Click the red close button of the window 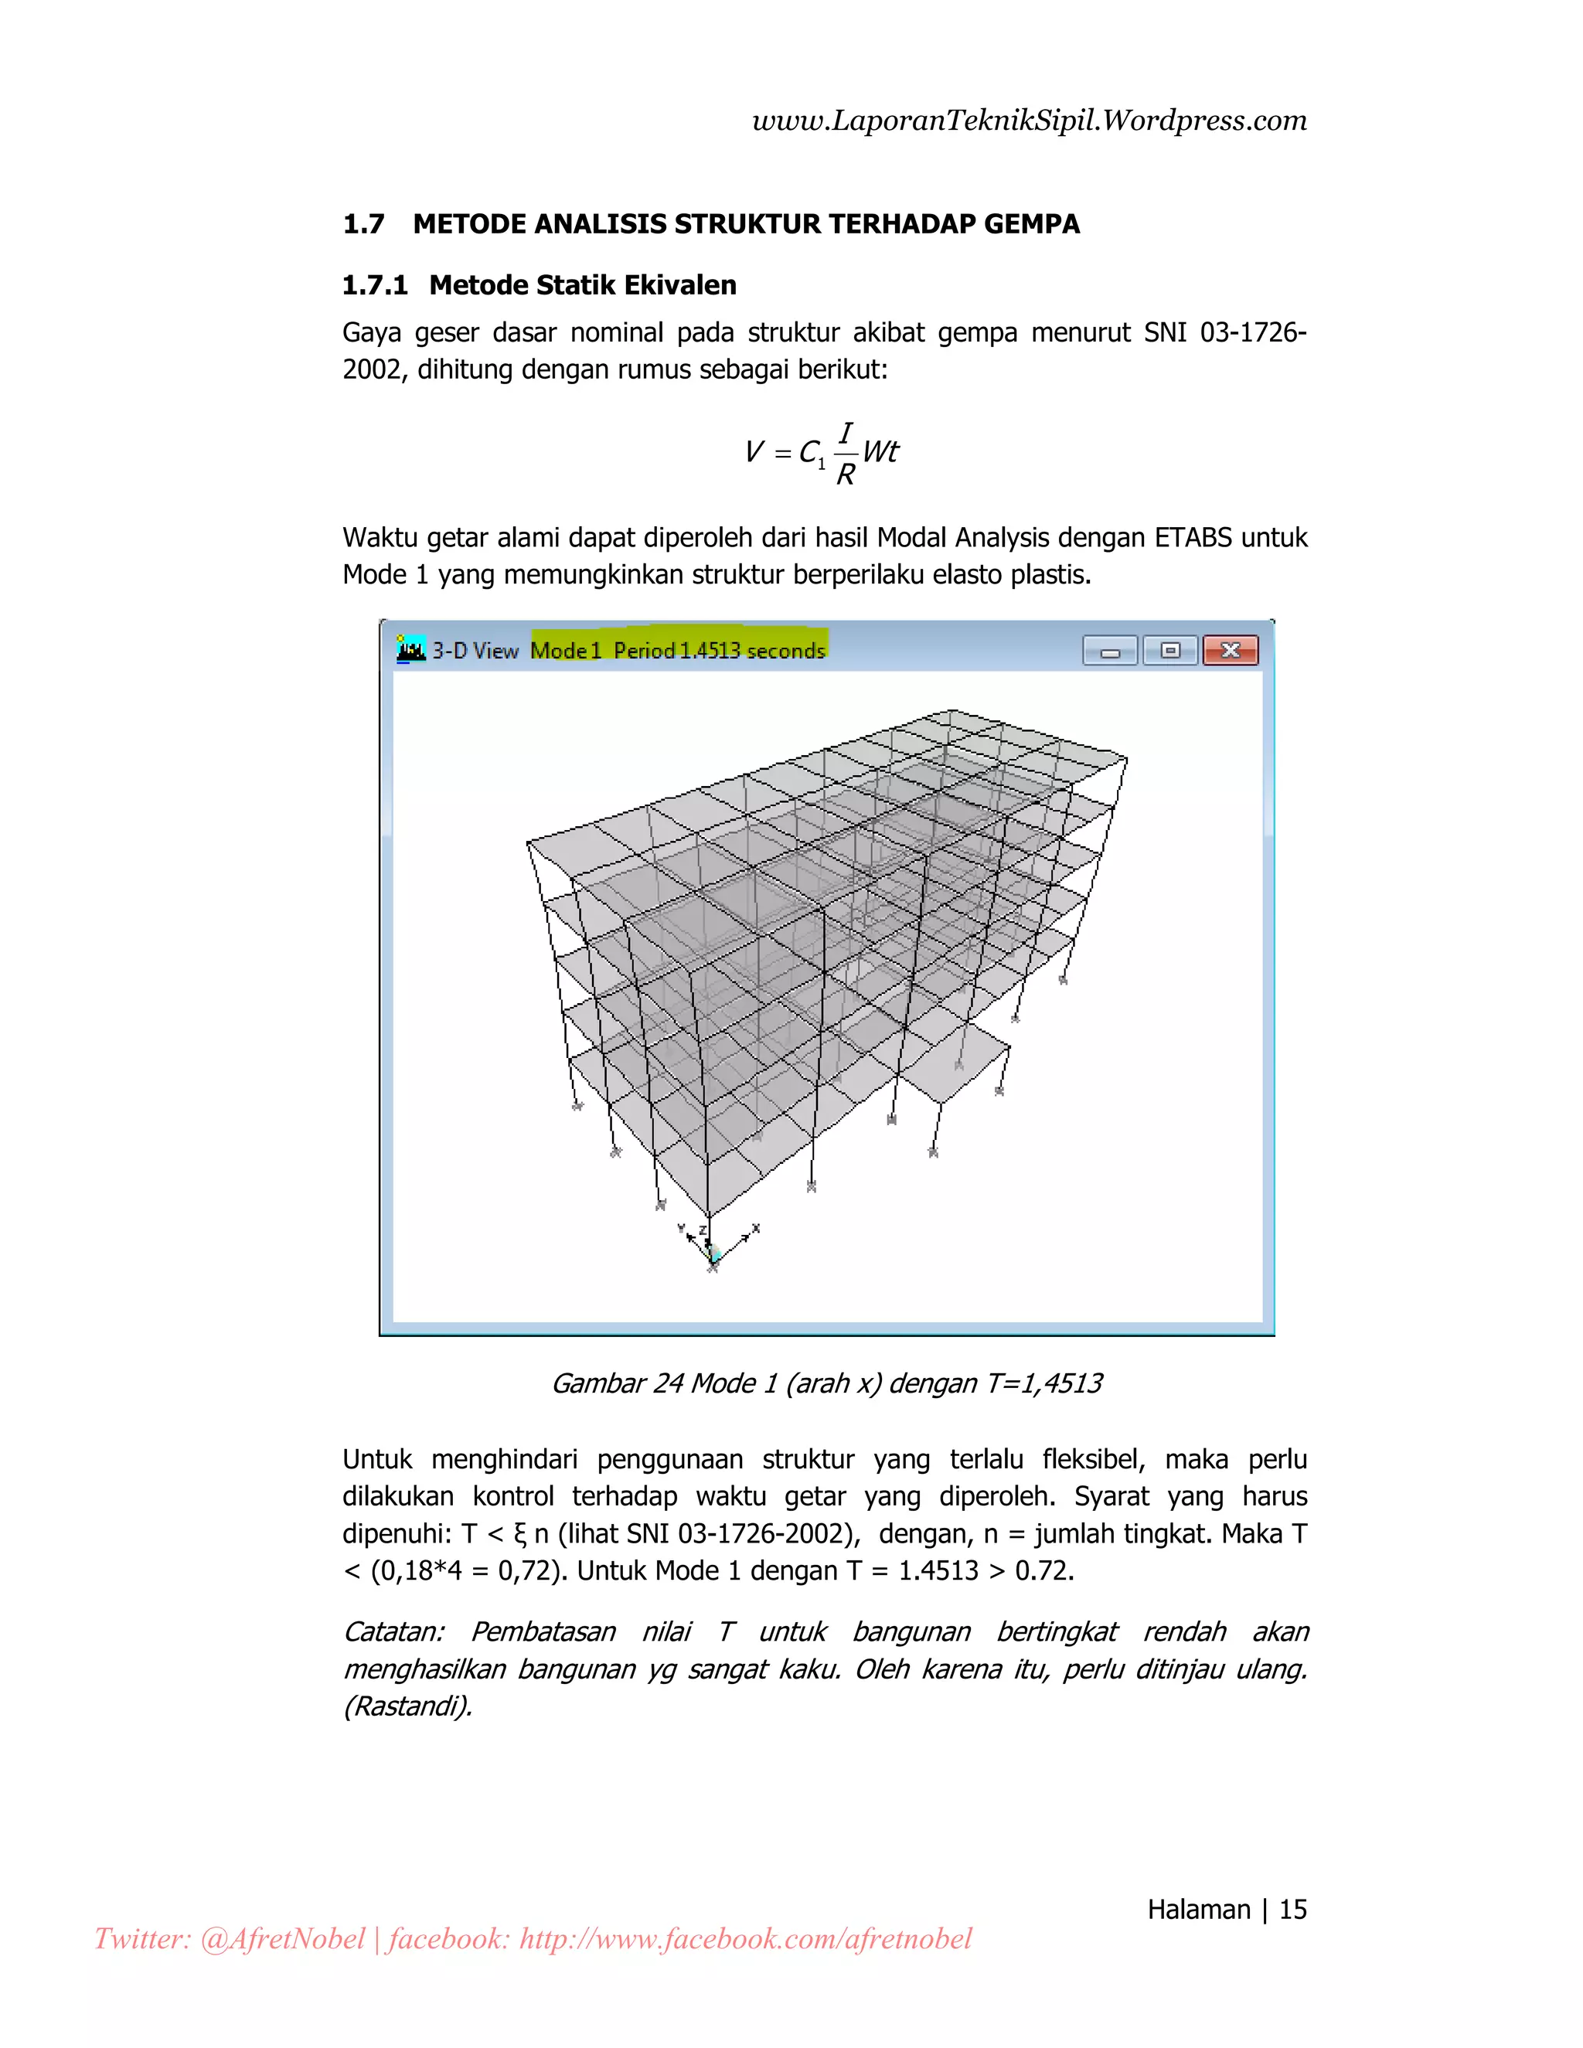1230,650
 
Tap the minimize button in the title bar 1111,650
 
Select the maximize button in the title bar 1169,650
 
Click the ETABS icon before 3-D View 410,649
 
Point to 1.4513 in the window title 710,650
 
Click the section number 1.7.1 375,285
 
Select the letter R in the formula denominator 845,475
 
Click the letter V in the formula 753,452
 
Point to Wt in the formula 880,452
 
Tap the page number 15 1292,1909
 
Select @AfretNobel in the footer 282,1939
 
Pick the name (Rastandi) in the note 407,1706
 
